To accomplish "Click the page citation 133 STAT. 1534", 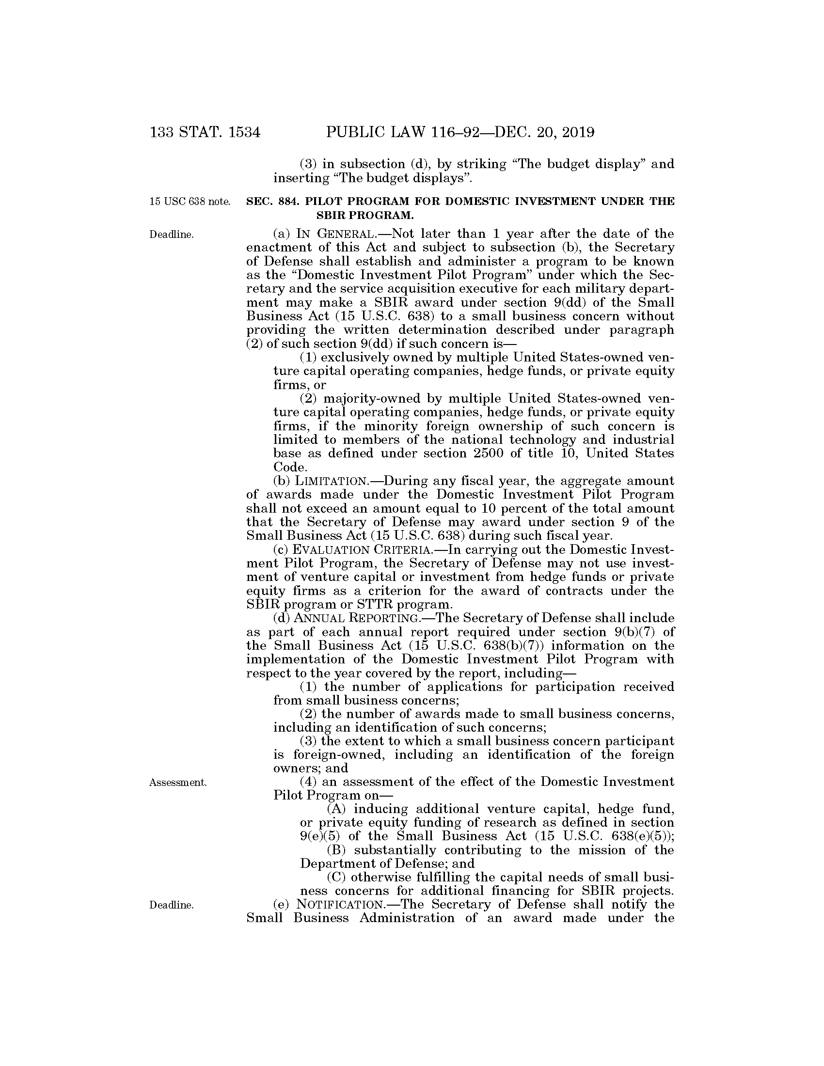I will click(x=206, y=132).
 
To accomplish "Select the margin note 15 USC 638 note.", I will click(x=190, y=202).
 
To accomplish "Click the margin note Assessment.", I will click(x=178, y=783).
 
